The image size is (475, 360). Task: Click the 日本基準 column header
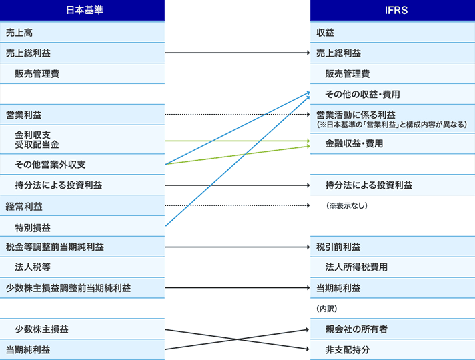(85, 10)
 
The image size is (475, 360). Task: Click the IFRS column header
(396, 10)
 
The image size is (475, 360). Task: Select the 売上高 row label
(19, 33)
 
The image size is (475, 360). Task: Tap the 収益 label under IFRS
(325, 33)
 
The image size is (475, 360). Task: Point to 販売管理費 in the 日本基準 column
(37, 73)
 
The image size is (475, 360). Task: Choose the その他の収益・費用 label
(362, 94)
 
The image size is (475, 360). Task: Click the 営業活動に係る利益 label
(356, 115)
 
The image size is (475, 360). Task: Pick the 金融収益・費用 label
(354, 143)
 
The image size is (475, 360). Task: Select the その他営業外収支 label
(50, 165)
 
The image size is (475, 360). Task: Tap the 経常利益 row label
(24, 207)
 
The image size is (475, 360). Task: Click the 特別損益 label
(33, 228)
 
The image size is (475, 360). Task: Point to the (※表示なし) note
(347, 205)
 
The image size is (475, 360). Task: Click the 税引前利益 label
(338, 247)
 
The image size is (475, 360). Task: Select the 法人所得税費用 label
(356, 267)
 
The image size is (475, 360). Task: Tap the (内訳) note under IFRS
(327, 309)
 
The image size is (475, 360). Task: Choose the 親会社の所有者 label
(356, 329)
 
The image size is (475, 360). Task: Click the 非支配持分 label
(348, 350)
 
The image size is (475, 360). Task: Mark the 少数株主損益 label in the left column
(41, 329)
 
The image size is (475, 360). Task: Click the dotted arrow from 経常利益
(238, 205)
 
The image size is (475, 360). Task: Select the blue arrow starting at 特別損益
(238, 161)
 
